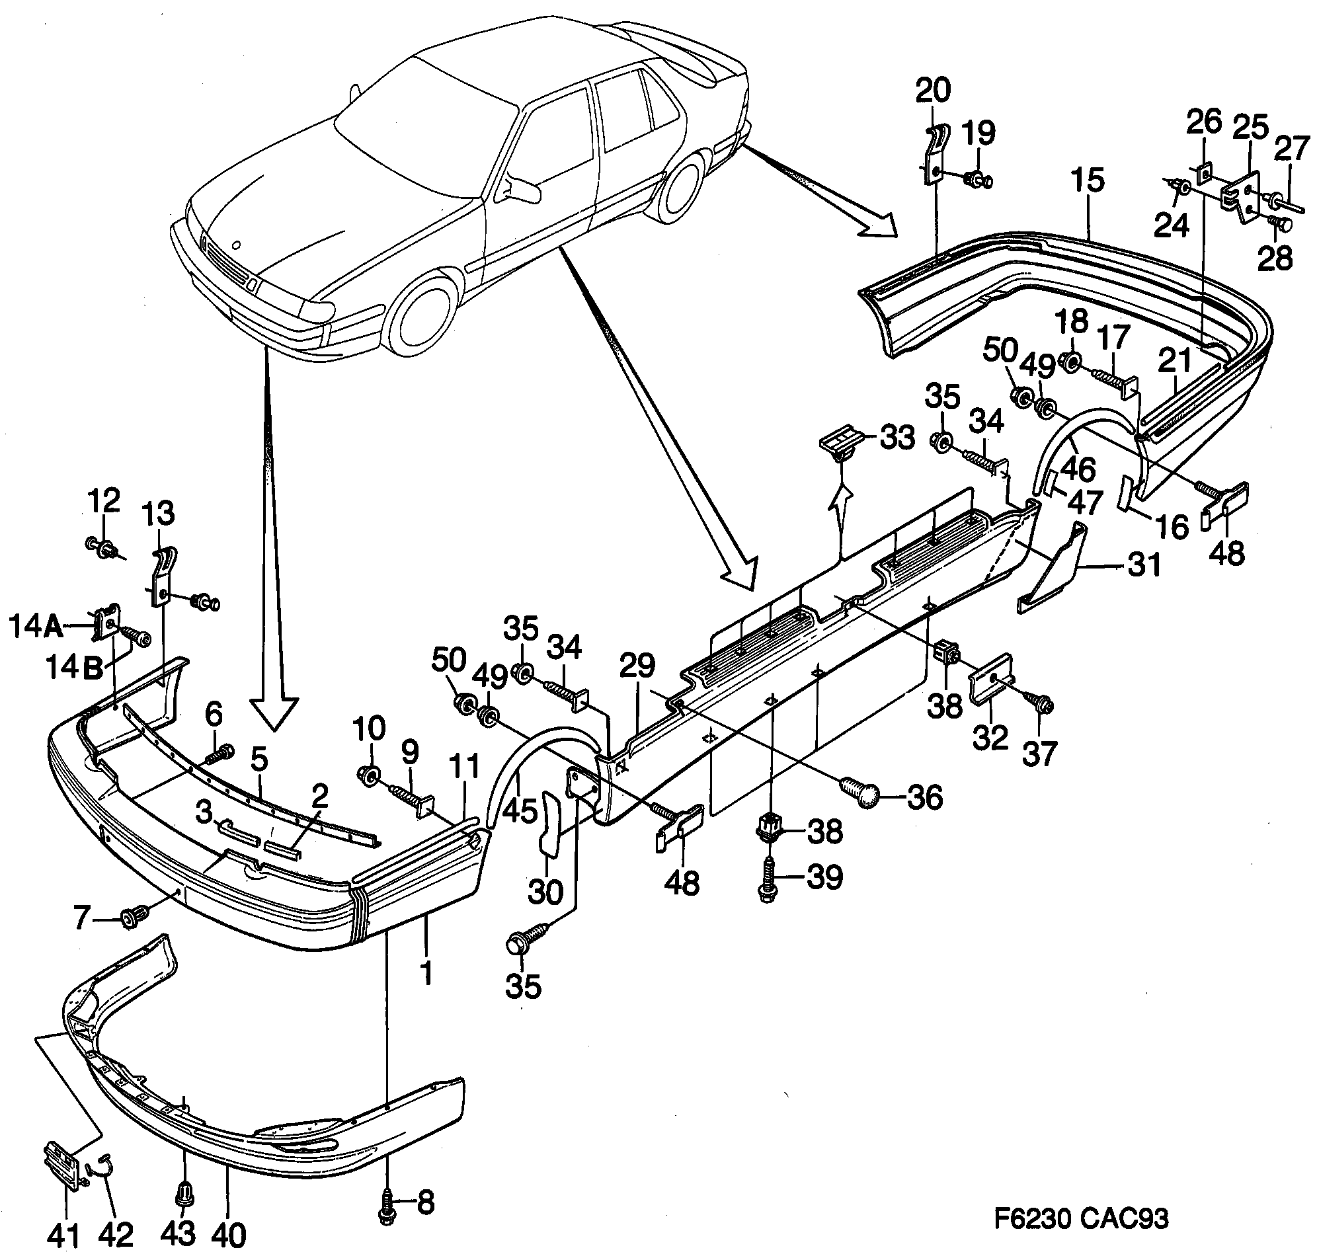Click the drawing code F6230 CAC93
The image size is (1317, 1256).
click(x=1081, y=1218)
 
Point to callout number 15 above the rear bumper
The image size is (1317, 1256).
click(x=1087, y=180)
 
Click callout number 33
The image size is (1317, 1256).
click(x=897, y=438)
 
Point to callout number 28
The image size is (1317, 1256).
click(x=1274, y=257)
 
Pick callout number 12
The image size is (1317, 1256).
click(x=104, y=500)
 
